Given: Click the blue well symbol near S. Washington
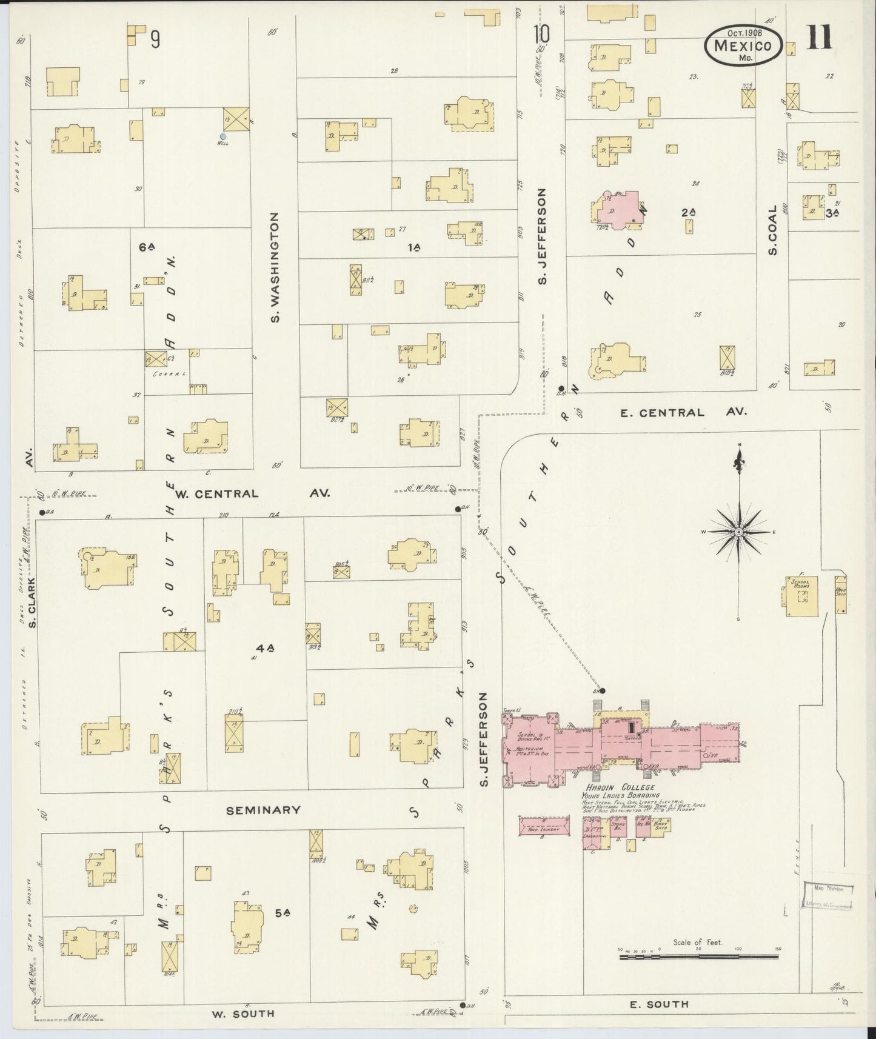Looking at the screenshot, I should [x=223, y=136].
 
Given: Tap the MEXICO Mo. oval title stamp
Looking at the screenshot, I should [x=743, y=46].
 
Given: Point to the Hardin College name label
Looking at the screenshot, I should [x=617, y=787].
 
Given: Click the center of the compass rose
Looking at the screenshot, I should [x=739, y=532].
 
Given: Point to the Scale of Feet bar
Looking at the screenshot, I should [x=698, y=957].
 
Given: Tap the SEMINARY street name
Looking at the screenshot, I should [x=263, y=810].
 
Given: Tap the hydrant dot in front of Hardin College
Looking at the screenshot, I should [x=602, y=690].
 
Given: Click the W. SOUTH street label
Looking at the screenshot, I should [x=242, y=1013].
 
